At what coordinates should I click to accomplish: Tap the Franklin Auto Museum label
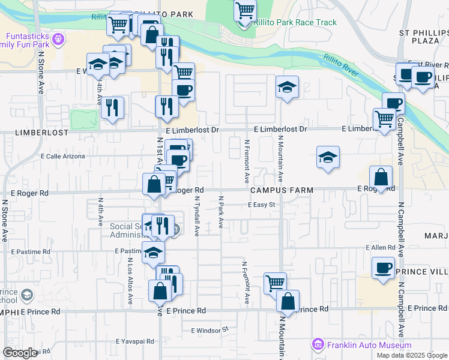369,345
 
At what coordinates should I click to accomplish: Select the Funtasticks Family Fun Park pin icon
58,40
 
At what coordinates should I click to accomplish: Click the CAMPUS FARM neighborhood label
282,190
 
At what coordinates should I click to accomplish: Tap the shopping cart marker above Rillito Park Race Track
245,10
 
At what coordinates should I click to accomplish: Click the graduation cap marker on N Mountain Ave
287,88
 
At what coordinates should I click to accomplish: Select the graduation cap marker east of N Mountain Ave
328,158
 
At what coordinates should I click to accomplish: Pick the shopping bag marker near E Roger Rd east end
381,177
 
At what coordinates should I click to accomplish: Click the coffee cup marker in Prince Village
383,268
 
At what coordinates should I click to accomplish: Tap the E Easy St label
261,205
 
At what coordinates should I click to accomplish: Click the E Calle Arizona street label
62,156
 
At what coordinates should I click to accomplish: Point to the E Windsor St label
210,329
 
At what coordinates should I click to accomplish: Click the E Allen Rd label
381,247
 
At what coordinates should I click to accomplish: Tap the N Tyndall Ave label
196,215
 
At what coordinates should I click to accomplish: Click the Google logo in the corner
20,353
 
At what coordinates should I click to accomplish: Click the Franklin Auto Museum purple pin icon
318,345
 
